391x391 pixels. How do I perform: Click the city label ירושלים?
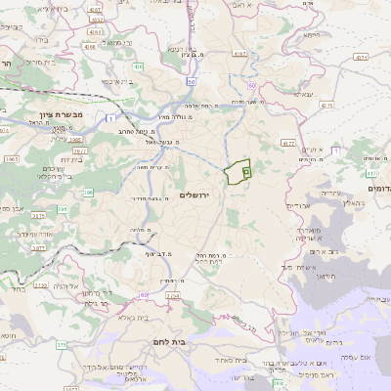201,195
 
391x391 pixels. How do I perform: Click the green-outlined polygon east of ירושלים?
236,173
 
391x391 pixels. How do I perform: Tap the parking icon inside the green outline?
246,171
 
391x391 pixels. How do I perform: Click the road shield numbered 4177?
288,143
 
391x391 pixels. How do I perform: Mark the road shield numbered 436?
139,66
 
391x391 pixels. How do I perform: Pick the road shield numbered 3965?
11,156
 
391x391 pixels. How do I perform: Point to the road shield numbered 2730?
41,285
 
